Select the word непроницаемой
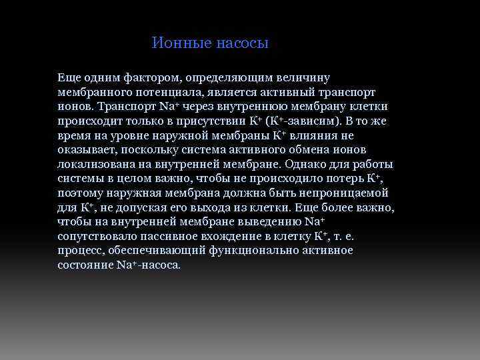pos(339,193)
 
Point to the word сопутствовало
pos(99,236)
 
